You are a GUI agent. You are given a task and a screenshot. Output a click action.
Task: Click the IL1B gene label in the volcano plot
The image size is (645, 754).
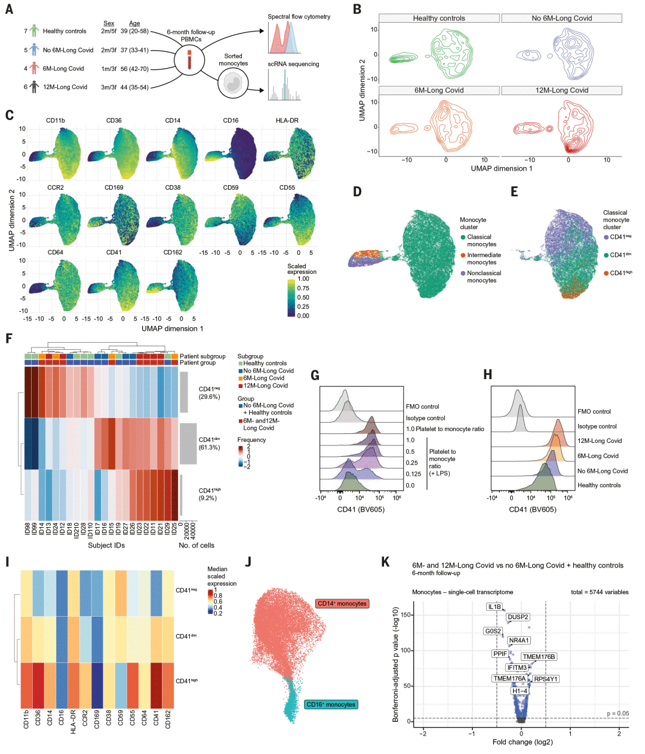[x=494, y=607]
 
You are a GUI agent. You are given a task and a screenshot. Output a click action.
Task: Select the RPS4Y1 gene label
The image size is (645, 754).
[x=545, y=679]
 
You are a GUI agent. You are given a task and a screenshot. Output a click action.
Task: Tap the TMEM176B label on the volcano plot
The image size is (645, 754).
[x=539, y=657]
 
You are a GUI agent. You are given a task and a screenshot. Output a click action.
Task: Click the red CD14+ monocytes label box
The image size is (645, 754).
[x=342, y=604]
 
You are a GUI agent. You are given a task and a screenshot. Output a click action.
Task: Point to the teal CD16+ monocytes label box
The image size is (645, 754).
[x=331, y=704]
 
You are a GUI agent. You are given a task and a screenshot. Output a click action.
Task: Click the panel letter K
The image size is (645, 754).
[x=385, y=562]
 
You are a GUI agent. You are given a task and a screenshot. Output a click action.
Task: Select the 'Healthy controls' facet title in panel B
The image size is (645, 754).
[x=439, y=19]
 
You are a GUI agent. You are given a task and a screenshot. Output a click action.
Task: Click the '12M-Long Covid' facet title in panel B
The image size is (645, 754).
[x=561, y=90]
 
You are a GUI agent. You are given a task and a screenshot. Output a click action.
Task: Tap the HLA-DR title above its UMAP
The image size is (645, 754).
[x=287, y=121]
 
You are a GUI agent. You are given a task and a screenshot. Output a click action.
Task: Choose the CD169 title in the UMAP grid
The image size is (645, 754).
[x=113, y=187]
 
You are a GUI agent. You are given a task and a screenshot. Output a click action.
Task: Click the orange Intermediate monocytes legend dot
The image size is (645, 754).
[x=463, y=256]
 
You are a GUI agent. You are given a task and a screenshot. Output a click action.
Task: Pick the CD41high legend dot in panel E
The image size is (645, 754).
[x=606, y=273]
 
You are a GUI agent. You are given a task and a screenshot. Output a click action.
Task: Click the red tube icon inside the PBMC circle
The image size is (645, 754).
[x=190, y=60]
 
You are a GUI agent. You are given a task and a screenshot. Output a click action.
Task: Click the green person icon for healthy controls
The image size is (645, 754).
[x=34, y=31]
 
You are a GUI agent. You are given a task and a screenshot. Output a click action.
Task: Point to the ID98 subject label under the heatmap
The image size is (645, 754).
[x=27, y=529]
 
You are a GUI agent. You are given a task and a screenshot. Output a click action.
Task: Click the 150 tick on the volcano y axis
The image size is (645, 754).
[x=407, y=615]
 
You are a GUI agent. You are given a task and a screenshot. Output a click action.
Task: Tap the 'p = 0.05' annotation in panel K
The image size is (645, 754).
[x=618, y=713]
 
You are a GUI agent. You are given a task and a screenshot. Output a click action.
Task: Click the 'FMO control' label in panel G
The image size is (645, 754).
[x=422, y=407]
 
